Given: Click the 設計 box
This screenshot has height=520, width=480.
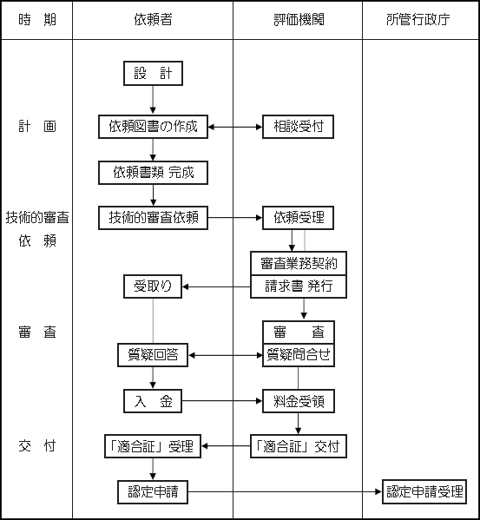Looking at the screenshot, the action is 153,73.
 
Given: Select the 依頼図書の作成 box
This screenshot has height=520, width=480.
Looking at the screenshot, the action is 153,127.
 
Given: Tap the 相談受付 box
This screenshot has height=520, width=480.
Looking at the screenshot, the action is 298,127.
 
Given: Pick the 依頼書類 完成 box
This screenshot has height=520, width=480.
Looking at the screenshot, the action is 153,173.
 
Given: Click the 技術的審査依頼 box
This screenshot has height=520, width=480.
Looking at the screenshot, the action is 153,218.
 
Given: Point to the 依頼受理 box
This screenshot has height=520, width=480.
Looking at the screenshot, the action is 298,218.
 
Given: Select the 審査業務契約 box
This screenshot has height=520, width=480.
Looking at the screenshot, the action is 299,263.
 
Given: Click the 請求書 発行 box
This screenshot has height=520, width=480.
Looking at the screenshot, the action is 299,286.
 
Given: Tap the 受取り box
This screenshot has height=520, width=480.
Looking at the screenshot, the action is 153,286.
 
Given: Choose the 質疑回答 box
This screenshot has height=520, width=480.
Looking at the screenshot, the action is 153,355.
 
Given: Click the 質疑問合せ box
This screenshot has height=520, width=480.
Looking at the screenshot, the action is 299,355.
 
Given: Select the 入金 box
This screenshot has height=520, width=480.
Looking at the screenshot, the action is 153,401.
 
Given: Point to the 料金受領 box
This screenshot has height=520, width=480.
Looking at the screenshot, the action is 299,401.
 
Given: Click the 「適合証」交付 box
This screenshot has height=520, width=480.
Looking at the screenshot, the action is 299,446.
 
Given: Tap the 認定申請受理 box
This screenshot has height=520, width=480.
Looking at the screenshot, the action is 424,491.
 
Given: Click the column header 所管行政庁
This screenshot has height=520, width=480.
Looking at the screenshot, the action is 418,20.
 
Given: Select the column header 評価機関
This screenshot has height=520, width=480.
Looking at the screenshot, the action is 299,20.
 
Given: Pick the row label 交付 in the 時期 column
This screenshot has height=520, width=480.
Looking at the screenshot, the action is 36,446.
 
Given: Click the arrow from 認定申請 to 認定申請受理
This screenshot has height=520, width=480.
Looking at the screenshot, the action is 285,491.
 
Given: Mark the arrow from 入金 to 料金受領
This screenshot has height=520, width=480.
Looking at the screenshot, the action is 222,401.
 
